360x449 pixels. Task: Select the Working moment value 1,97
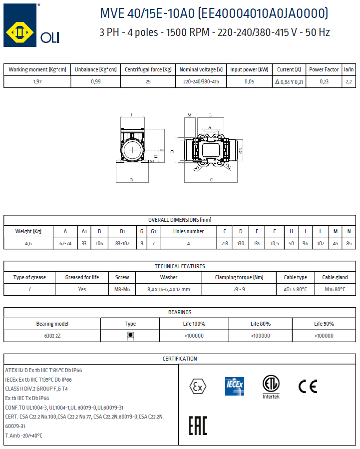tap(37, 81)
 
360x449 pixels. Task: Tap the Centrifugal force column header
tap(148, 69)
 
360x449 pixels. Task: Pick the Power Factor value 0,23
tap(324, 81)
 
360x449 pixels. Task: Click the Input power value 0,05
tap(249, 81)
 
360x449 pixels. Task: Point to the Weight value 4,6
tap(28, 243)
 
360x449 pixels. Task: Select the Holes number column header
tap(188, 231)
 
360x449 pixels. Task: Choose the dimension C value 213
tap(225, 243)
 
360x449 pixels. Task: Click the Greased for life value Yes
tap(82, 289)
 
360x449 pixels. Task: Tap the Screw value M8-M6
tap(122, 289)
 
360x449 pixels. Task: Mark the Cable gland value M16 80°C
tap(335, 289)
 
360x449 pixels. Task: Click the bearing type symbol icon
tap(130, 336)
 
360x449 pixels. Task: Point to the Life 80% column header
tap(260, 324)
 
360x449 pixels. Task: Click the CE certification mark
tap(308, 386)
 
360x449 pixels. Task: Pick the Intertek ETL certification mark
tap(271, 386)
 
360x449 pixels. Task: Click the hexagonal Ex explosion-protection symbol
tap(197, 386)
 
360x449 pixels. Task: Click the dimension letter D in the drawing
tap(132, 179)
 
